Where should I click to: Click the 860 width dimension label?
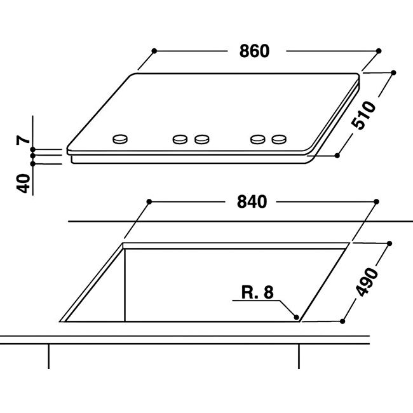(254, 51)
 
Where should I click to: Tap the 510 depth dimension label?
(364, 115)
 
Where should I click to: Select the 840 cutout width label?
(252, 202)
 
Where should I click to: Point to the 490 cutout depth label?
(367, 282)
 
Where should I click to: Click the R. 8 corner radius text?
(257, 292)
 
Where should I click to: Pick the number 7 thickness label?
(23, 140)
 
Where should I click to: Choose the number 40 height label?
(23, 184)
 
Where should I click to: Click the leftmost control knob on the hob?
(120, 139)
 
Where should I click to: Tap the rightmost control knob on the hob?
(279, 139)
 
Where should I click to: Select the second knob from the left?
(180, 139)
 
